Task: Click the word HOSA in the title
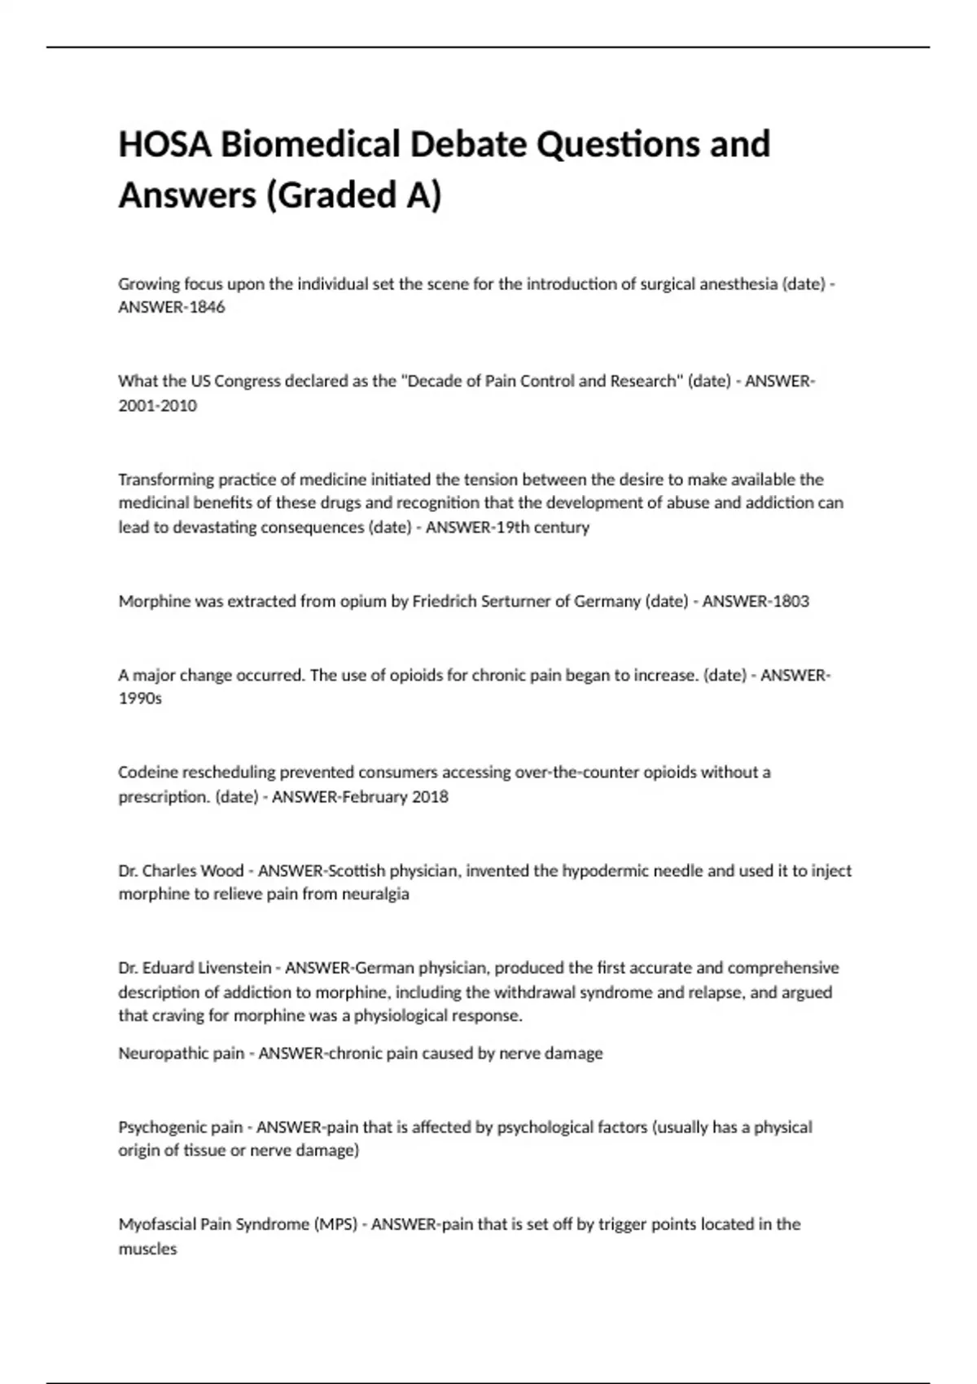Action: tap(164, 145)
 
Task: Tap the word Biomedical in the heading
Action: tap(310, 145)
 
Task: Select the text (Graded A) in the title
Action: tap(353, 195)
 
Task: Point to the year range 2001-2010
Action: tap(157, 405)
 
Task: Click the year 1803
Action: tap(788, 602)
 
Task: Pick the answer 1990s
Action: tap(140, 699)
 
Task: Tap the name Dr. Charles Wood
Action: tap(181, 870)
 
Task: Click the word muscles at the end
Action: tap(147, 1249)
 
